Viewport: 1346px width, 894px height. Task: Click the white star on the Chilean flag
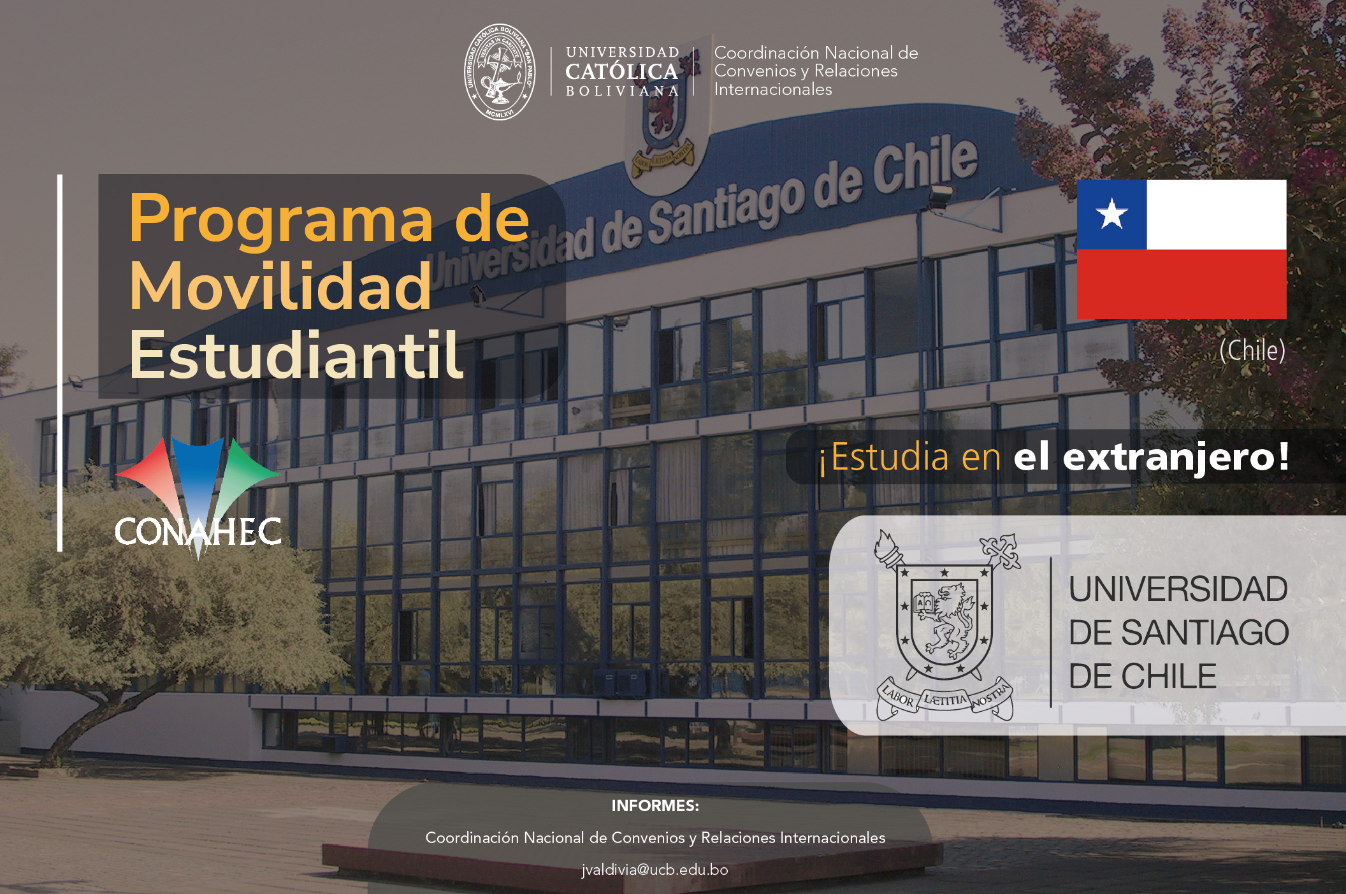pos(1112,213)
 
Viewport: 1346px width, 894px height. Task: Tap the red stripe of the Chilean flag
pos(1182,284)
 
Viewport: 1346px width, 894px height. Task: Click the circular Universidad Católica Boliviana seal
pos(500,72)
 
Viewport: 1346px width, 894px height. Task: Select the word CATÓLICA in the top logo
pos(621,71)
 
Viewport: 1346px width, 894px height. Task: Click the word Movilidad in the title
pos(280,287)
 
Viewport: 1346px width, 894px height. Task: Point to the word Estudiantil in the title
pos(296,354)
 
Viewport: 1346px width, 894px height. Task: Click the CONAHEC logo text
pos(198,531)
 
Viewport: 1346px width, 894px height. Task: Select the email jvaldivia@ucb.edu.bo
pos(655,870)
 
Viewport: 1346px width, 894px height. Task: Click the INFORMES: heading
pos(655,805)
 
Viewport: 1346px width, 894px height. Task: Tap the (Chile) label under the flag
pos(1252,350)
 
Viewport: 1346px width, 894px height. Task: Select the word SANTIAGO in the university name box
pos(1205,633)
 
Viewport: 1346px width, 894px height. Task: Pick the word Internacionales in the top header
pos(773,89)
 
